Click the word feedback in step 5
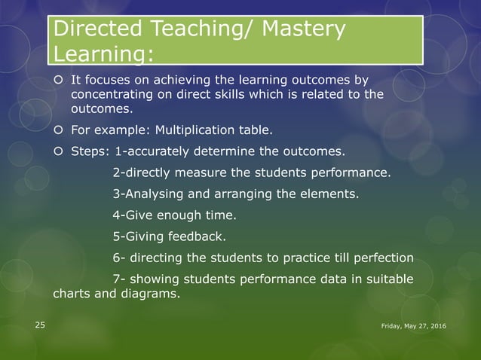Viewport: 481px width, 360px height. tap(198, 237)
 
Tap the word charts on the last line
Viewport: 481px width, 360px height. tap(70, 294)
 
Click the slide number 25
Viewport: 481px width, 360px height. tap(39, 325)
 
